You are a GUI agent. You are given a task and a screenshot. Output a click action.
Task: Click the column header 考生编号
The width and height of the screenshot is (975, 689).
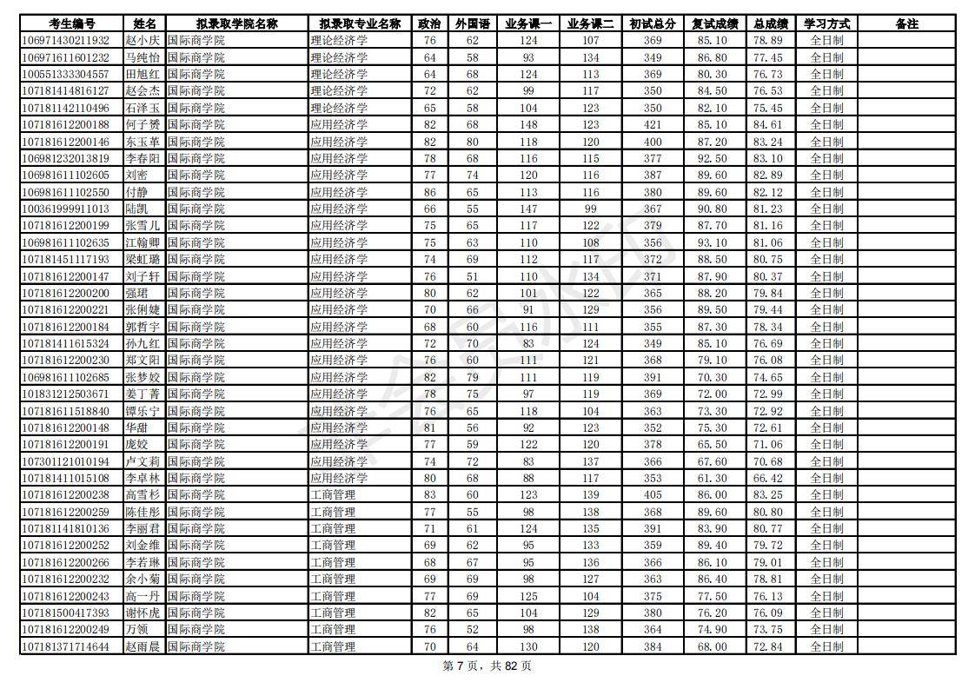coord(71,24)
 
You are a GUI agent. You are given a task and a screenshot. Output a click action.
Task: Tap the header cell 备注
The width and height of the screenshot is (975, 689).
coord(906,24)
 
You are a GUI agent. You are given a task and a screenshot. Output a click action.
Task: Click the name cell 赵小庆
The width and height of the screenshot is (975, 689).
coord(143,41)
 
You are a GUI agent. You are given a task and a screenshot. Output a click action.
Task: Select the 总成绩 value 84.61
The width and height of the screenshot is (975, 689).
coord(767,125)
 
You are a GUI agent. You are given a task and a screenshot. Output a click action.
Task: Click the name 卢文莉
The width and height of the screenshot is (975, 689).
coord(143,462)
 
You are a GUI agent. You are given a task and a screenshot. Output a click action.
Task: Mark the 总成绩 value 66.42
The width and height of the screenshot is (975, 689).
coord(767,479)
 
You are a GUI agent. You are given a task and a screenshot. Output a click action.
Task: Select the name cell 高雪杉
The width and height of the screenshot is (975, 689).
coord(143,495)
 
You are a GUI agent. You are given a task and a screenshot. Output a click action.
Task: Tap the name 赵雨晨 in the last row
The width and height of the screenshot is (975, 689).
coord(143,647)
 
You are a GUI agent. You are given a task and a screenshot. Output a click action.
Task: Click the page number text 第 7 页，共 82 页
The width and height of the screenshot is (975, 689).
coord(487,666)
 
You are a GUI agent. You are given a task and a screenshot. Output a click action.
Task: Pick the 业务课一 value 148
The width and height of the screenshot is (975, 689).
coord(528,125)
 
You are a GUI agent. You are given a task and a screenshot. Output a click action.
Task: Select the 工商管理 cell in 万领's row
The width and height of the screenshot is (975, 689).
coord(333,630)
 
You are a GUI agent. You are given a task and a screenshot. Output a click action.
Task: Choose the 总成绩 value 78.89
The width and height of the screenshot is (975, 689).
coord(767,41)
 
